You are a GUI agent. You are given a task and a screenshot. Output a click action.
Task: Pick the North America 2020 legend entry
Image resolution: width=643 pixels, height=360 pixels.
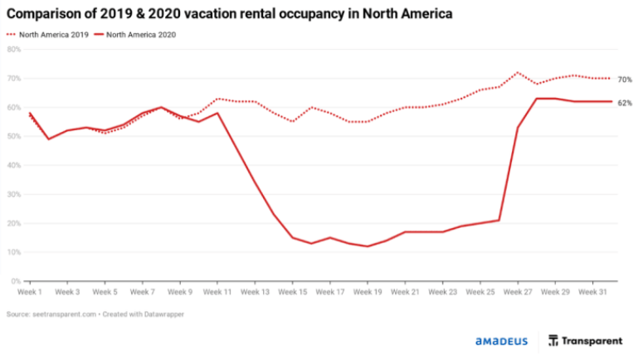pyautogui.click(x=138, y=35)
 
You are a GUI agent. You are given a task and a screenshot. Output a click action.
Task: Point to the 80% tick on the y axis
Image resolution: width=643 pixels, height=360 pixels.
pyautogui.click(x=13, y=49)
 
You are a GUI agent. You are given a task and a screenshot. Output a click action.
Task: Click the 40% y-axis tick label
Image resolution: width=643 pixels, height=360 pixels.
pyautogui.click(x=13, y=165)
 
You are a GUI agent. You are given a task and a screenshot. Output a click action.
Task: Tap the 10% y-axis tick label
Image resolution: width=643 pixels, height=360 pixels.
pyautogui.click(x=13, y=252)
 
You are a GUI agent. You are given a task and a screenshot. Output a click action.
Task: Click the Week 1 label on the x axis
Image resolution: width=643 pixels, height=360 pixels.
pyautogui.click(x=30, y=292)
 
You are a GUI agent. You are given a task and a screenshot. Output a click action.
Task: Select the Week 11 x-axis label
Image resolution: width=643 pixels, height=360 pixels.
pyautogui.click(x=217, y=292)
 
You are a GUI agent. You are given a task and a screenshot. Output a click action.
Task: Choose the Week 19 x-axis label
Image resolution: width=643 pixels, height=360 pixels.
pyautogui.click(x=368, y=292)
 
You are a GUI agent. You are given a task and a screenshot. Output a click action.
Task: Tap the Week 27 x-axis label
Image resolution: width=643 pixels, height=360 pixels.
pyautogui.click(x=518, y=292)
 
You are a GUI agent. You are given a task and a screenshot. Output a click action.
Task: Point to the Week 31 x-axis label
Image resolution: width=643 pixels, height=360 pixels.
pyautogui.click(x=592, y=292)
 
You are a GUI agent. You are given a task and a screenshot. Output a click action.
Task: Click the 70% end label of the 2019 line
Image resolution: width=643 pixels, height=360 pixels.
pyautogui.click(x=625, y=79)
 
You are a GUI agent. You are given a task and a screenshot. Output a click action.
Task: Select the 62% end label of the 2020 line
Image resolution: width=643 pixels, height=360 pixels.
pyautogui.click(x=625, y=102)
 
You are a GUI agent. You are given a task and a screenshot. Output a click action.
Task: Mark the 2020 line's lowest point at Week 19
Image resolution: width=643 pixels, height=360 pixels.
pyautogui.click(x=368, y=246)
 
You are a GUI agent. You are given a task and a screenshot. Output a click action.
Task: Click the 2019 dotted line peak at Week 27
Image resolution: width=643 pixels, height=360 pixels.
pyautogui.click(x=518, y=72)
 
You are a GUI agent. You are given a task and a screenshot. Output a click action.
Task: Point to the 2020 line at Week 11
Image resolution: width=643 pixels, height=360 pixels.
pyautogui.click(x=217, y=113)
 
